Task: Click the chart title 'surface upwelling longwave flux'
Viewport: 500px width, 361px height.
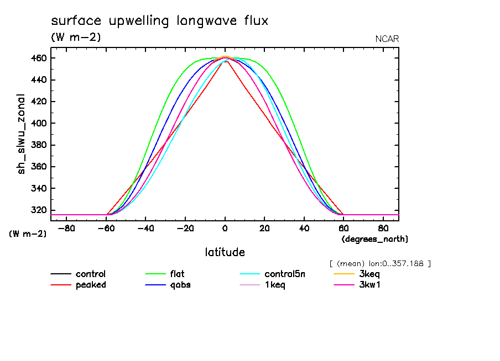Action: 159,22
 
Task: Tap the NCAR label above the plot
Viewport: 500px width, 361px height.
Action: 387,39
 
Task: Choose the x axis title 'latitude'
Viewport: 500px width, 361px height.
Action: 225,252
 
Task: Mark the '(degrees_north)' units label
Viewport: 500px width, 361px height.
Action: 375,239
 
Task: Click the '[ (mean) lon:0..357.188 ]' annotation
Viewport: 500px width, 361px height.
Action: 379,263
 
